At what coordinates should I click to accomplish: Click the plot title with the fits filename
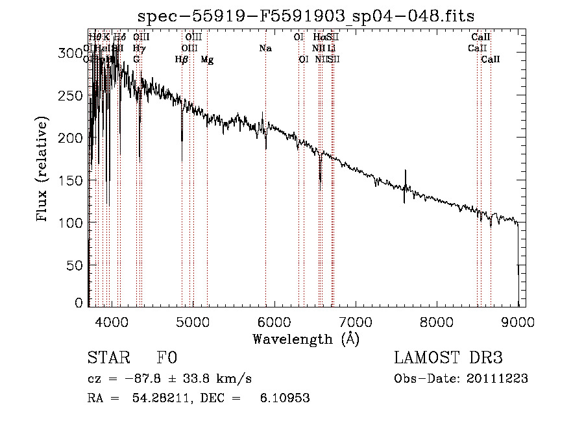pos(307,16)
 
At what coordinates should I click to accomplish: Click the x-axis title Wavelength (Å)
pos(306,339)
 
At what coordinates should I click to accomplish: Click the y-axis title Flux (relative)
pos(43,170)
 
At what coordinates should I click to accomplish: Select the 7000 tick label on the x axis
pos(356,321)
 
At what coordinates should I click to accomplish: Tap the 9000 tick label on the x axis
pos(518,321)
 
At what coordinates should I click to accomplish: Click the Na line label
pos(265,48)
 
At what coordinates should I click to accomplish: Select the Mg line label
pos(207,60)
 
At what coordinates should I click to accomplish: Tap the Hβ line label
pos(182,60)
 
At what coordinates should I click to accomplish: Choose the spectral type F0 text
pos(167,358)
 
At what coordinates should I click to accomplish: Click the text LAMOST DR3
pos(448,358)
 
